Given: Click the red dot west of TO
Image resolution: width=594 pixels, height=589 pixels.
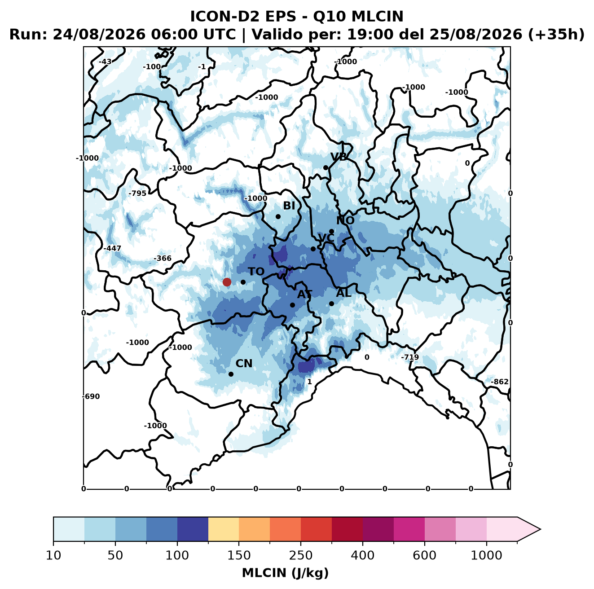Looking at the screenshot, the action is coord(227,282).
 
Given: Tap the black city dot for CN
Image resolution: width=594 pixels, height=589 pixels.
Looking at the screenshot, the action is coord(231,374).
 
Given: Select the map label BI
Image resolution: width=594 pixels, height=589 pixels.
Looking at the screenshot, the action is coord(289,206).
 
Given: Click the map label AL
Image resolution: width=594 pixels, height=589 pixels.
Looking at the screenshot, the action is coord(343,293).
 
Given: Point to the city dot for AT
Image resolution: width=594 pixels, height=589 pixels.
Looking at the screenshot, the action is coord(292,305).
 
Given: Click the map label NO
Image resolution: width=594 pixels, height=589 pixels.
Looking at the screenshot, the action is coord(345,220).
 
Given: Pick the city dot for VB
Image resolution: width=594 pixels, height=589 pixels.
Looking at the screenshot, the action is coord(326,167).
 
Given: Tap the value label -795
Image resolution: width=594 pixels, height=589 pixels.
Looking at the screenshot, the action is coord(137,193).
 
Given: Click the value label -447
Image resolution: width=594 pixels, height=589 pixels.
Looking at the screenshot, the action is coord(112,248).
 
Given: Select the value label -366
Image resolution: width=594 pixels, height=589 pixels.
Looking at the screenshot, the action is coord(163,258).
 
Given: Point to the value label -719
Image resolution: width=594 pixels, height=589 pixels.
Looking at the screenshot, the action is coord(410,357).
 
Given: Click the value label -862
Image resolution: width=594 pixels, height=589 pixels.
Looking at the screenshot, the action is coord(500,382).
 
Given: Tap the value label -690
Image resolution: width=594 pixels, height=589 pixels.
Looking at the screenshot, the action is coord(91,396).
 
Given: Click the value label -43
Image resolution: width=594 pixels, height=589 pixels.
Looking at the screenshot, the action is coord(105,62).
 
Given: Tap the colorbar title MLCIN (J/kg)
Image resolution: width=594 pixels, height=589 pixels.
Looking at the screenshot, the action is coord(285,573).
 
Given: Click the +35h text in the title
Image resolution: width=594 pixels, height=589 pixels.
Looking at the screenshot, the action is coord(556,35).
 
